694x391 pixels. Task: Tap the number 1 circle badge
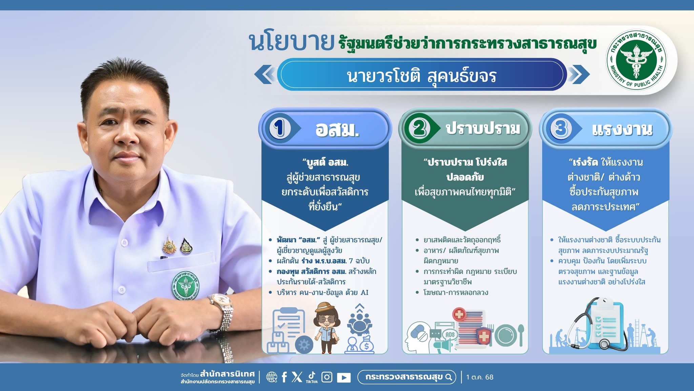point(280,128)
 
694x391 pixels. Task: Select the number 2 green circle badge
point(420,128)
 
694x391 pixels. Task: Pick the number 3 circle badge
point(560,129)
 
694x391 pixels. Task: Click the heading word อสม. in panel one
point(337,129)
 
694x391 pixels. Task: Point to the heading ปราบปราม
point(483,129)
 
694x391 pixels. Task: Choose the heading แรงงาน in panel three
point(622,129)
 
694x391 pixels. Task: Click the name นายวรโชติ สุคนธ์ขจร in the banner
point(422,76)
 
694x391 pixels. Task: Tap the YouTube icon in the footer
point(344,377)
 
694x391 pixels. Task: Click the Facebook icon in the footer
point(284,377)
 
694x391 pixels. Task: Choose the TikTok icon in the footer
point(312,377)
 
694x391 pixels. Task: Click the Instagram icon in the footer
point(327,377)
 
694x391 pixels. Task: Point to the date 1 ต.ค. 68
point(480,377)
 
